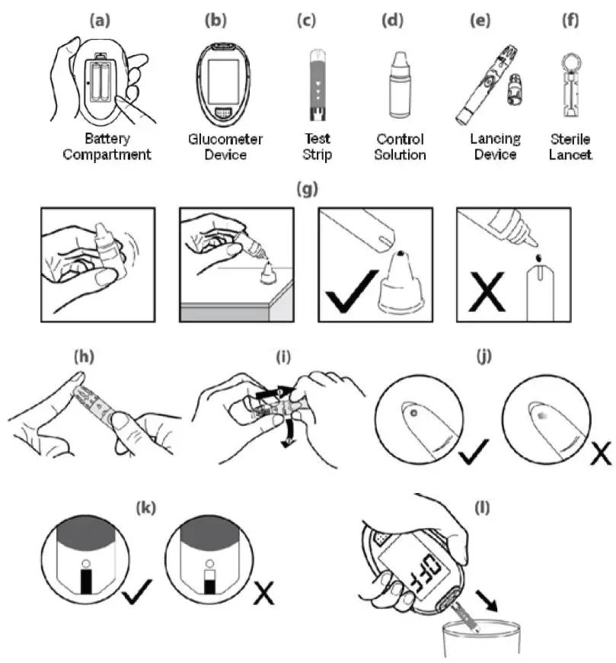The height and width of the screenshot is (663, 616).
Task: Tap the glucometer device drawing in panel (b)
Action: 225,85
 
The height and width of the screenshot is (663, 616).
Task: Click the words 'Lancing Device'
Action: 496,147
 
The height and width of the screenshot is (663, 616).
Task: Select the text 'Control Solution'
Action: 401,147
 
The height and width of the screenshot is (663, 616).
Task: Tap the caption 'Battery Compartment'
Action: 107,147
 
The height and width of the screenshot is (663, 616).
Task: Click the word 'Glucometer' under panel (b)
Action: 225,139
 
